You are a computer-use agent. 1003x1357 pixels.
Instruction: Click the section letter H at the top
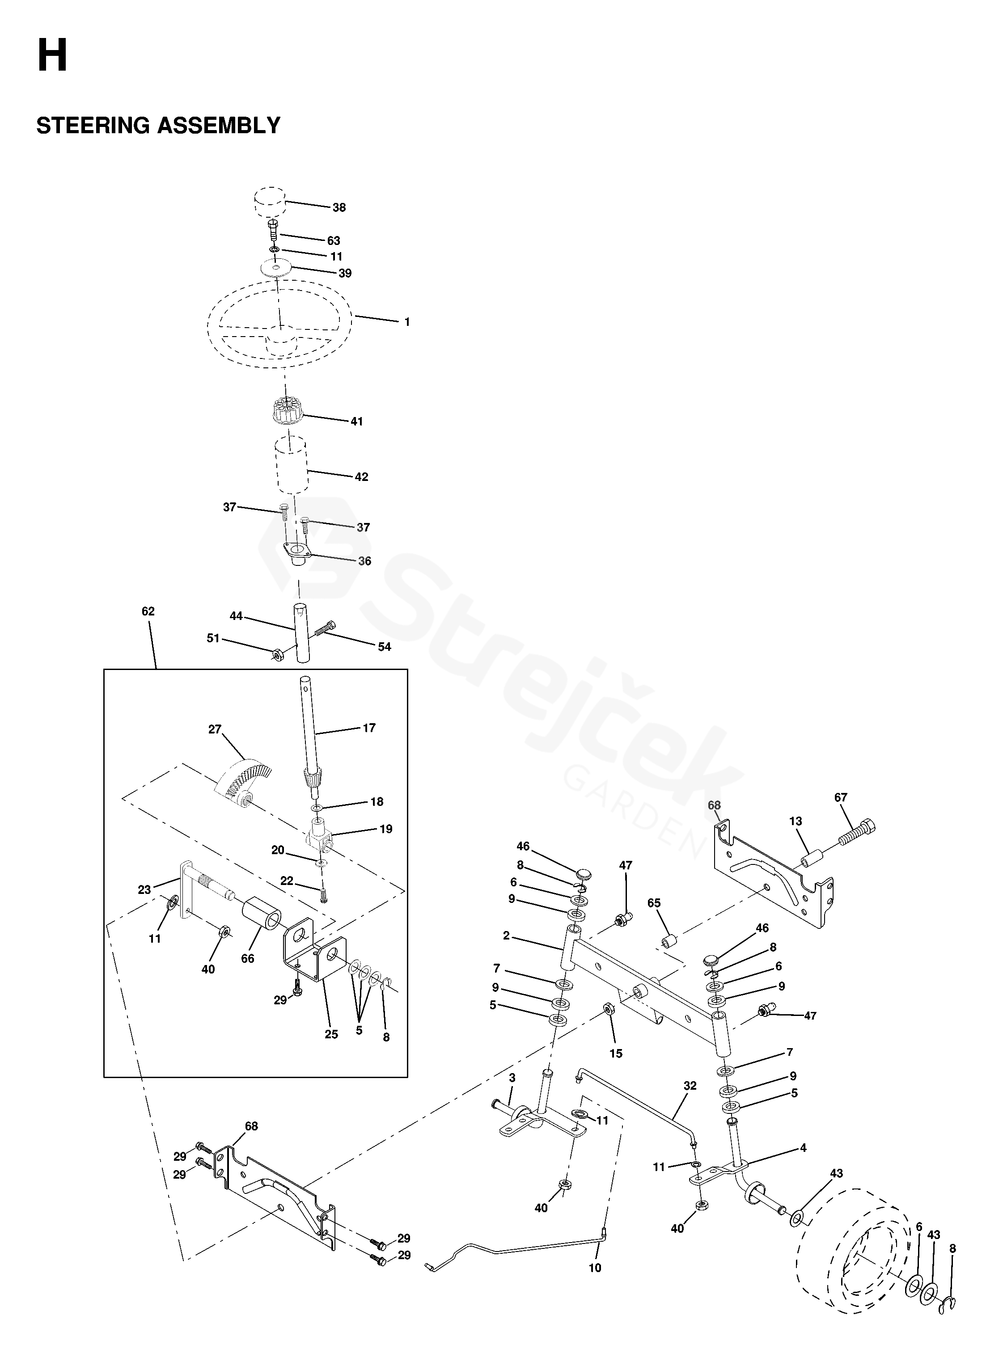point(52,56)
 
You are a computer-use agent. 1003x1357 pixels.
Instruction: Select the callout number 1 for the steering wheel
point(407,322)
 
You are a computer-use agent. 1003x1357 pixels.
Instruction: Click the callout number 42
point(361,477)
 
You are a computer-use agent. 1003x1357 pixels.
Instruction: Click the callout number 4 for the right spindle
point(803,1148)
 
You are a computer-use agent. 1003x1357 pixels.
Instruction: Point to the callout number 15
point(616,1054)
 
